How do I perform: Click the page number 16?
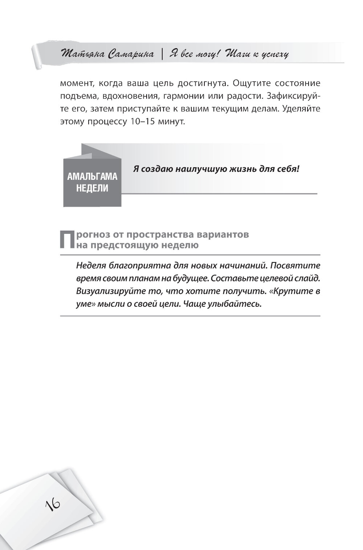point(53,504)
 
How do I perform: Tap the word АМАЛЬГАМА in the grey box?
point(92,177)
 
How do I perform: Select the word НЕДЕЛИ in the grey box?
point(92,189)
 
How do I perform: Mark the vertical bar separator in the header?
point(162,54)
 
